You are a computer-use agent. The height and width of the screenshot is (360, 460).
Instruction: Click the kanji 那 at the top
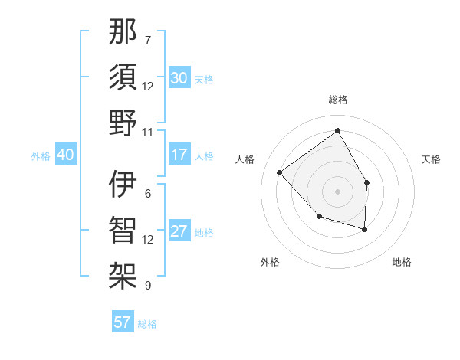pos(123,33)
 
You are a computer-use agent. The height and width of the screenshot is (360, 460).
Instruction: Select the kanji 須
pos(123,78)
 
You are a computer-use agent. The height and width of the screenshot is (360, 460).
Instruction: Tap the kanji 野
pos(123,123)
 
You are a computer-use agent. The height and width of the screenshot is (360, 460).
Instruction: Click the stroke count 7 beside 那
pos(147,40)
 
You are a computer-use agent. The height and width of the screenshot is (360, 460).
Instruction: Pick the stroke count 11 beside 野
pos(148,131)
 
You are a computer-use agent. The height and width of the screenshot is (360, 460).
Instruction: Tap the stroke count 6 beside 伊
pos(147,194)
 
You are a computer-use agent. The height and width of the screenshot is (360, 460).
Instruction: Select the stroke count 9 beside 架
pos(147,285)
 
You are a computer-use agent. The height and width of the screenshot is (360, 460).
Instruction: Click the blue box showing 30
pos(179,78)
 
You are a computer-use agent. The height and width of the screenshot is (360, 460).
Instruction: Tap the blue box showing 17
pos(179,155)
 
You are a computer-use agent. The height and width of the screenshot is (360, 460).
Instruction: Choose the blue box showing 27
pos(179,231)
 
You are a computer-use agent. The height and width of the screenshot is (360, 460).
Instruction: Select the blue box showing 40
pos(65,155)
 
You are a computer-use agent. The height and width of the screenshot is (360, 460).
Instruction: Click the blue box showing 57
pos(123,322)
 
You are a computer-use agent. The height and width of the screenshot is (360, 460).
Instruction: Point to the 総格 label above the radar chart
pos(337,100)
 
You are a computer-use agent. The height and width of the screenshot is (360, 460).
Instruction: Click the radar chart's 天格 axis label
pos(432,159)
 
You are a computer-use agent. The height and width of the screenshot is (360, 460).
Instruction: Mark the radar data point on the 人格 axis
pos(280,172)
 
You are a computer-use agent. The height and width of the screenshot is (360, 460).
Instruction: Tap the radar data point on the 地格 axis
pos(365,229)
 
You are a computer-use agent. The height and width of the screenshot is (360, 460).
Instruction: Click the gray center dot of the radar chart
pos(337,191)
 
